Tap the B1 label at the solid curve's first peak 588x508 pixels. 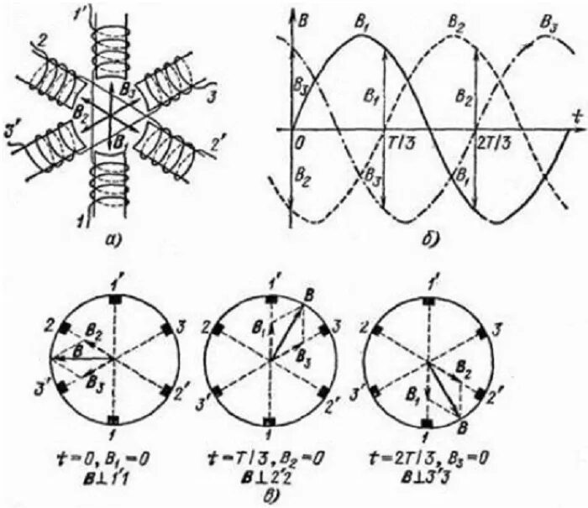tap(362, 23)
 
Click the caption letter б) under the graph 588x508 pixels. tap(433, 242)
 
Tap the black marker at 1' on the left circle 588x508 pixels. tap(113, 300)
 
